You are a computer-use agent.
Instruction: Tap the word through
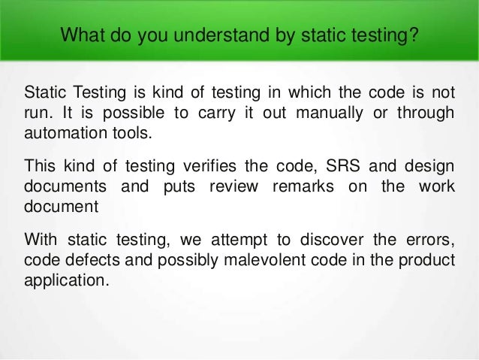tap(429, 112)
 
